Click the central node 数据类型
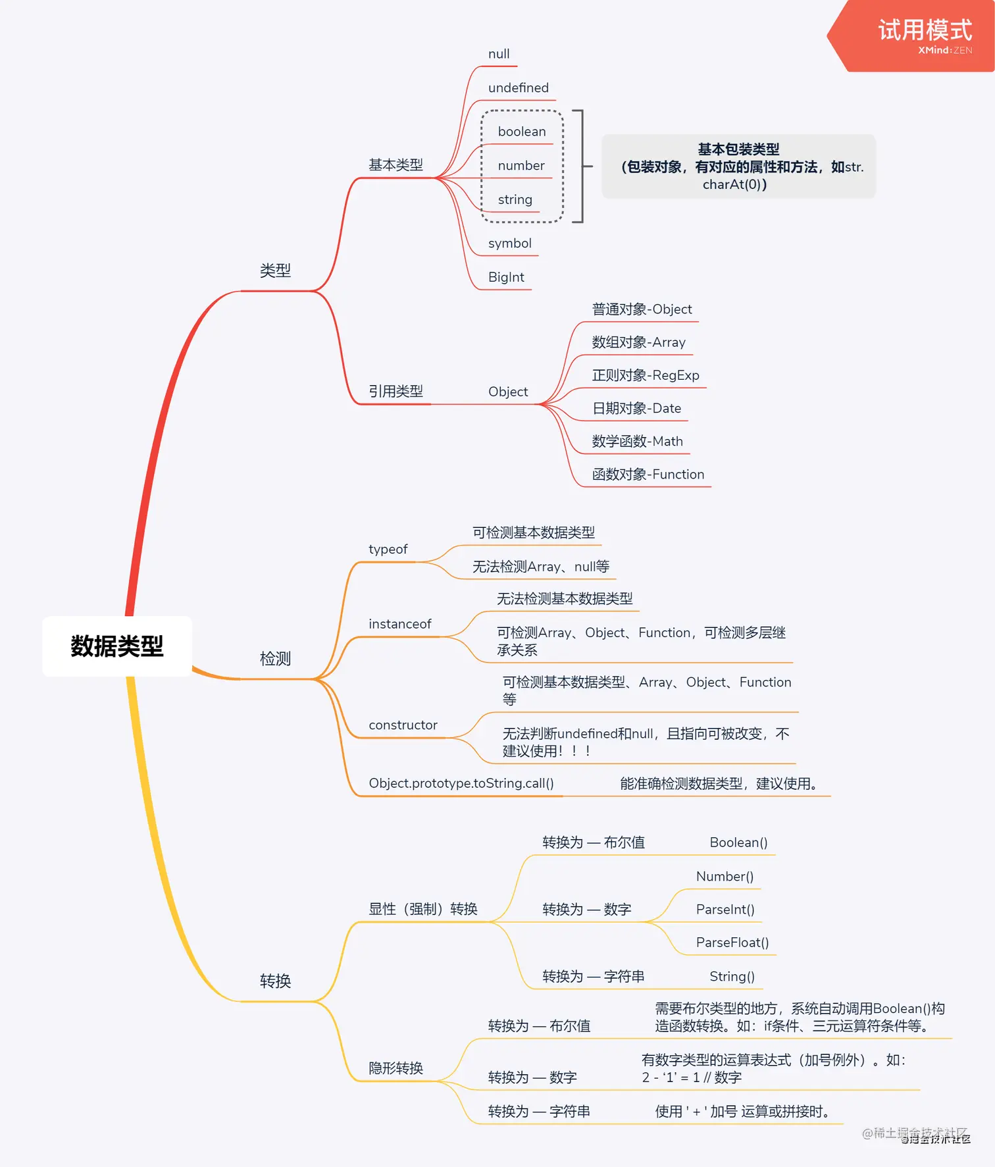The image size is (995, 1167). click(117, 646)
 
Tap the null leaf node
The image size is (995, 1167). click(499, 54)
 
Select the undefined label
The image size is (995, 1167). click(518, 88)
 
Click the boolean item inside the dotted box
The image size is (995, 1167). click(522, 132)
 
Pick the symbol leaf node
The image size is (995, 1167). click(509, 244)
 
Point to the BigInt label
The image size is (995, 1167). click(506, 277)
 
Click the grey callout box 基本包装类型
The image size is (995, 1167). click(738, 167)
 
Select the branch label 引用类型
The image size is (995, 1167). click(395, 392)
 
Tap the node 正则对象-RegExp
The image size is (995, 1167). click(645, 375)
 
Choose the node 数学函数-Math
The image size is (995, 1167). click(637, 441)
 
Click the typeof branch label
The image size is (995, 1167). click(388, 549)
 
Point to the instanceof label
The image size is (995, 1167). click(399, 624)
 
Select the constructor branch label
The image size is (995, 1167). click(403, 725)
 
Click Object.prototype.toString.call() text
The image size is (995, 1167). click(461, 783)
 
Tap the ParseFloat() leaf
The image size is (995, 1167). click(732, 943)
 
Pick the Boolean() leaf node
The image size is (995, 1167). click(738, 843)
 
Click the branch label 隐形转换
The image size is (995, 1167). click(395, 1068)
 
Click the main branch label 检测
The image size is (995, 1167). click(275, 659)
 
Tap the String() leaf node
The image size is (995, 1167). click(732, 976)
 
